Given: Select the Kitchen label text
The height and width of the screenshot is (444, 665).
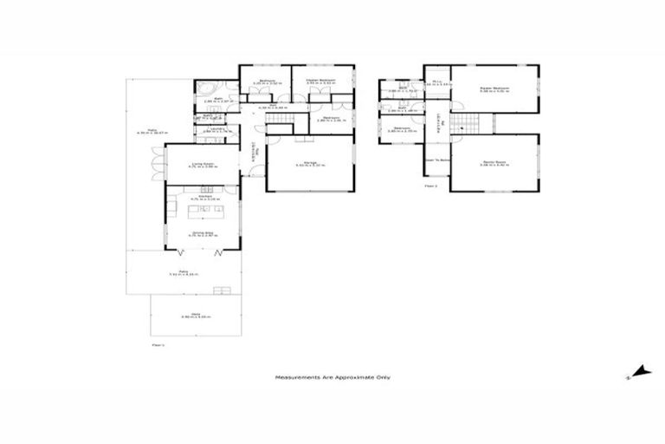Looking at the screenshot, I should pyautogui.click(x=204, y=199).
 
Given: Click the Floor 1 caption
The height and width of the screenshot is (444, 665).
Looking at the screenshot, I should pyautogui.click(x=158, y=345).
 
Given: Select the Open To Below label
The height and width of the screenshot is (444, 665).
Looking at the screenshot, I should pyautogui.click(x=437, y=160).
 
